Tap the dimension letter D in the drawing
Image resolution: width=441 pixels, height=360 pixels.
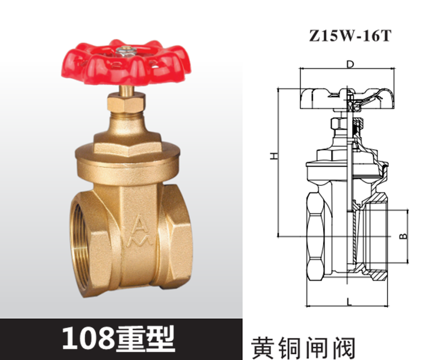click(349, 64)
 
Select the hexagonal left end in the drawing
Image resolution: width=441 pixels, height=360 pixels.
click(315, 235)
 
